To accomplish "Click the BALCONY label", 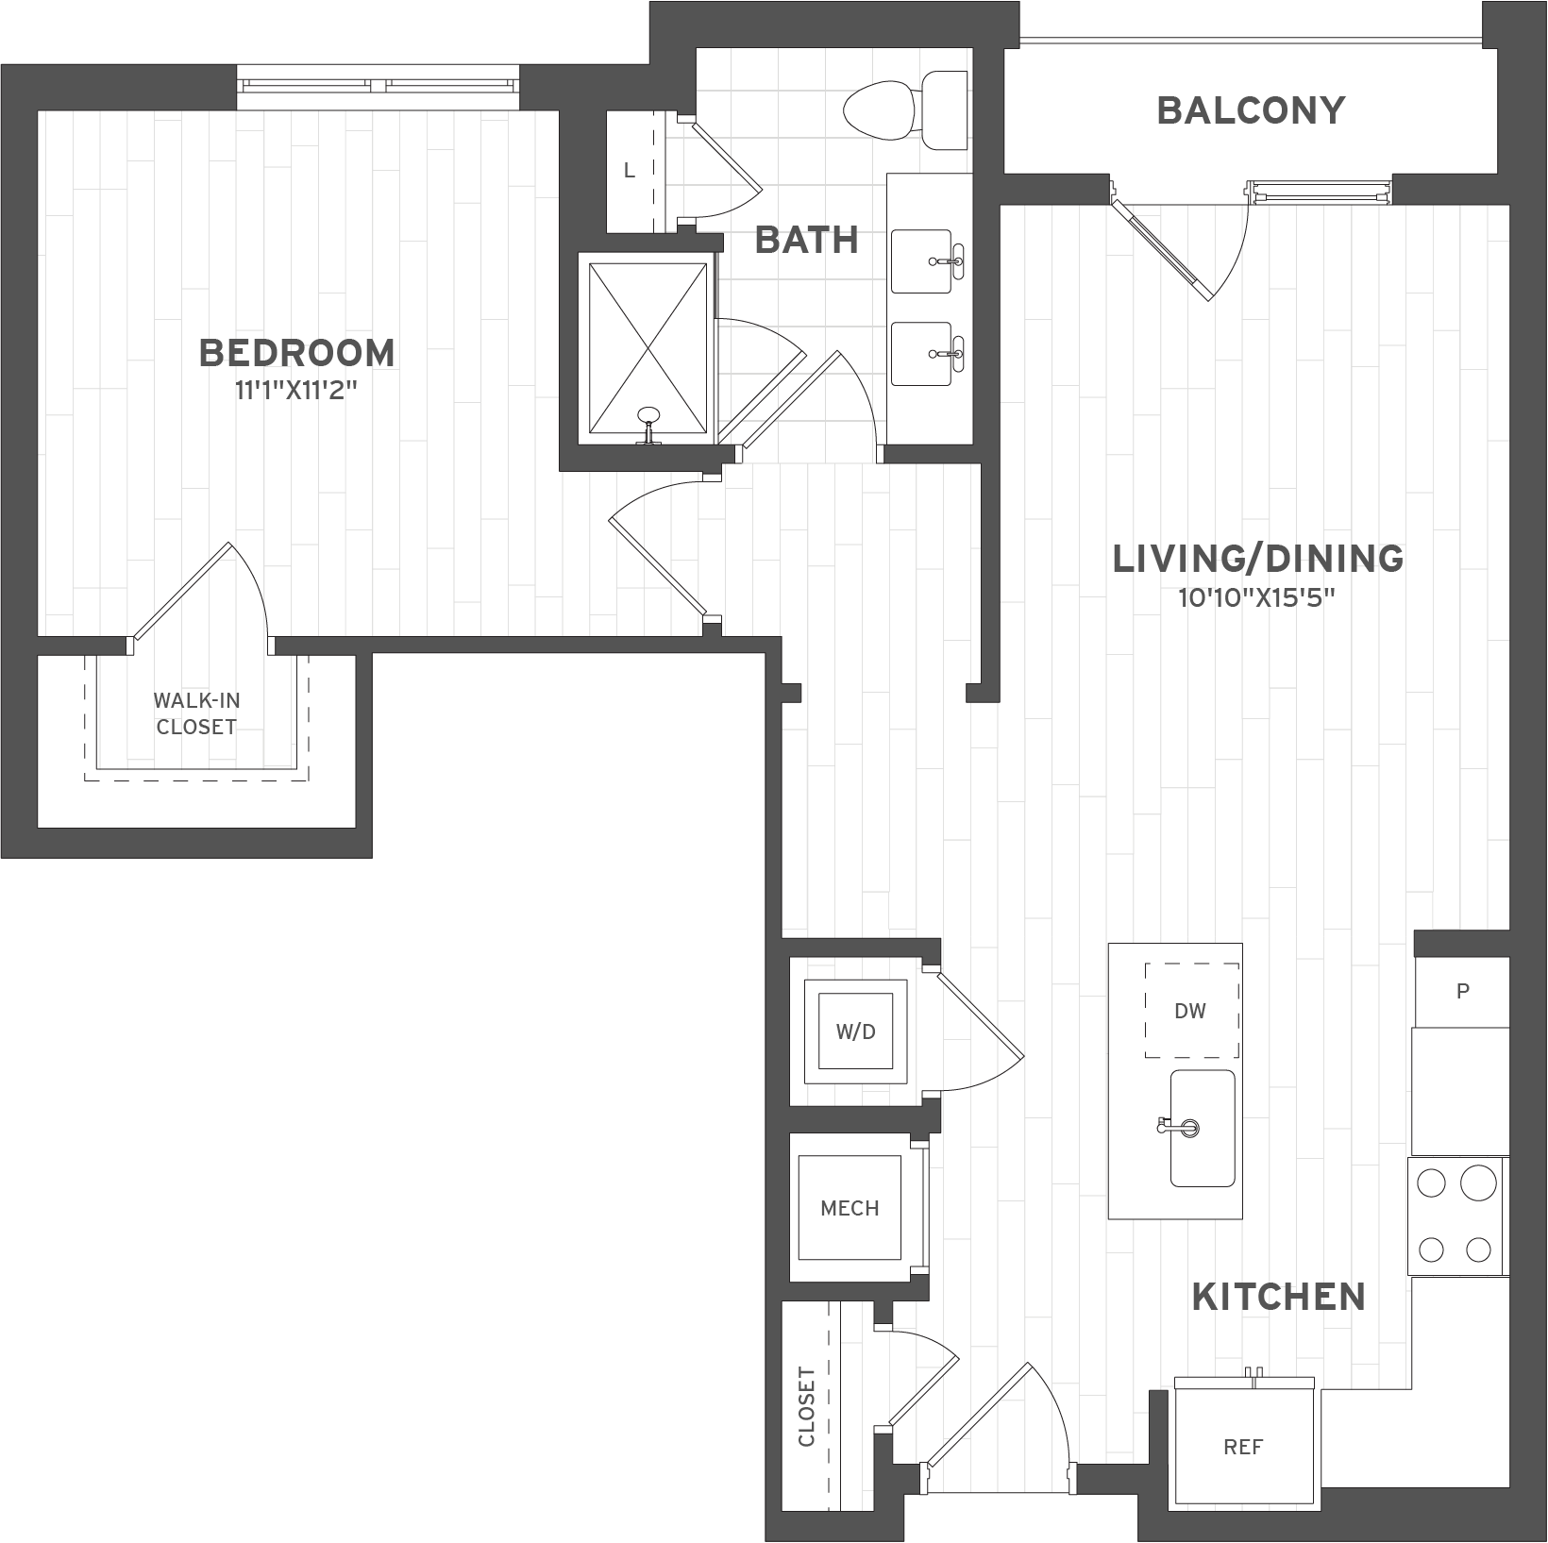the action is (1251, 110).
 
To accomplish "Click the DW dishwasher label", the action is (1190, 1011).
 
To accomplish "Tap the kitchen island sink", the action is (1202, 1128).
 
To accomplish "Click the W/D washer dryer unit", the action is (855, 1031).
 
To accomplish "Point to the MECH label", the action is (850, 1208).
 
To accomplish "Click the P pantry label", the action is (1462, 991).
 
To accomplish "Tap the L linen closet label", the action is (630, 171).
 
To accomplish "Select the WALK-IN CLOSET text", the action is (196, 713).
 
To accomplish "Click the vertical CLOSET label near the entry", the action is (806, 1407).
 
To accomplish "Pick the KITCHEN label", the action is (1279, 1297).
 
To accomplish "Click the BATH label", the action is (807, 240).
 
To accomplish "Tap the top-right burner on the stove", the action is (1478, 1182).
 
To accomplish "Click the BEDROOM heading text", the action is (297, 353).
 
